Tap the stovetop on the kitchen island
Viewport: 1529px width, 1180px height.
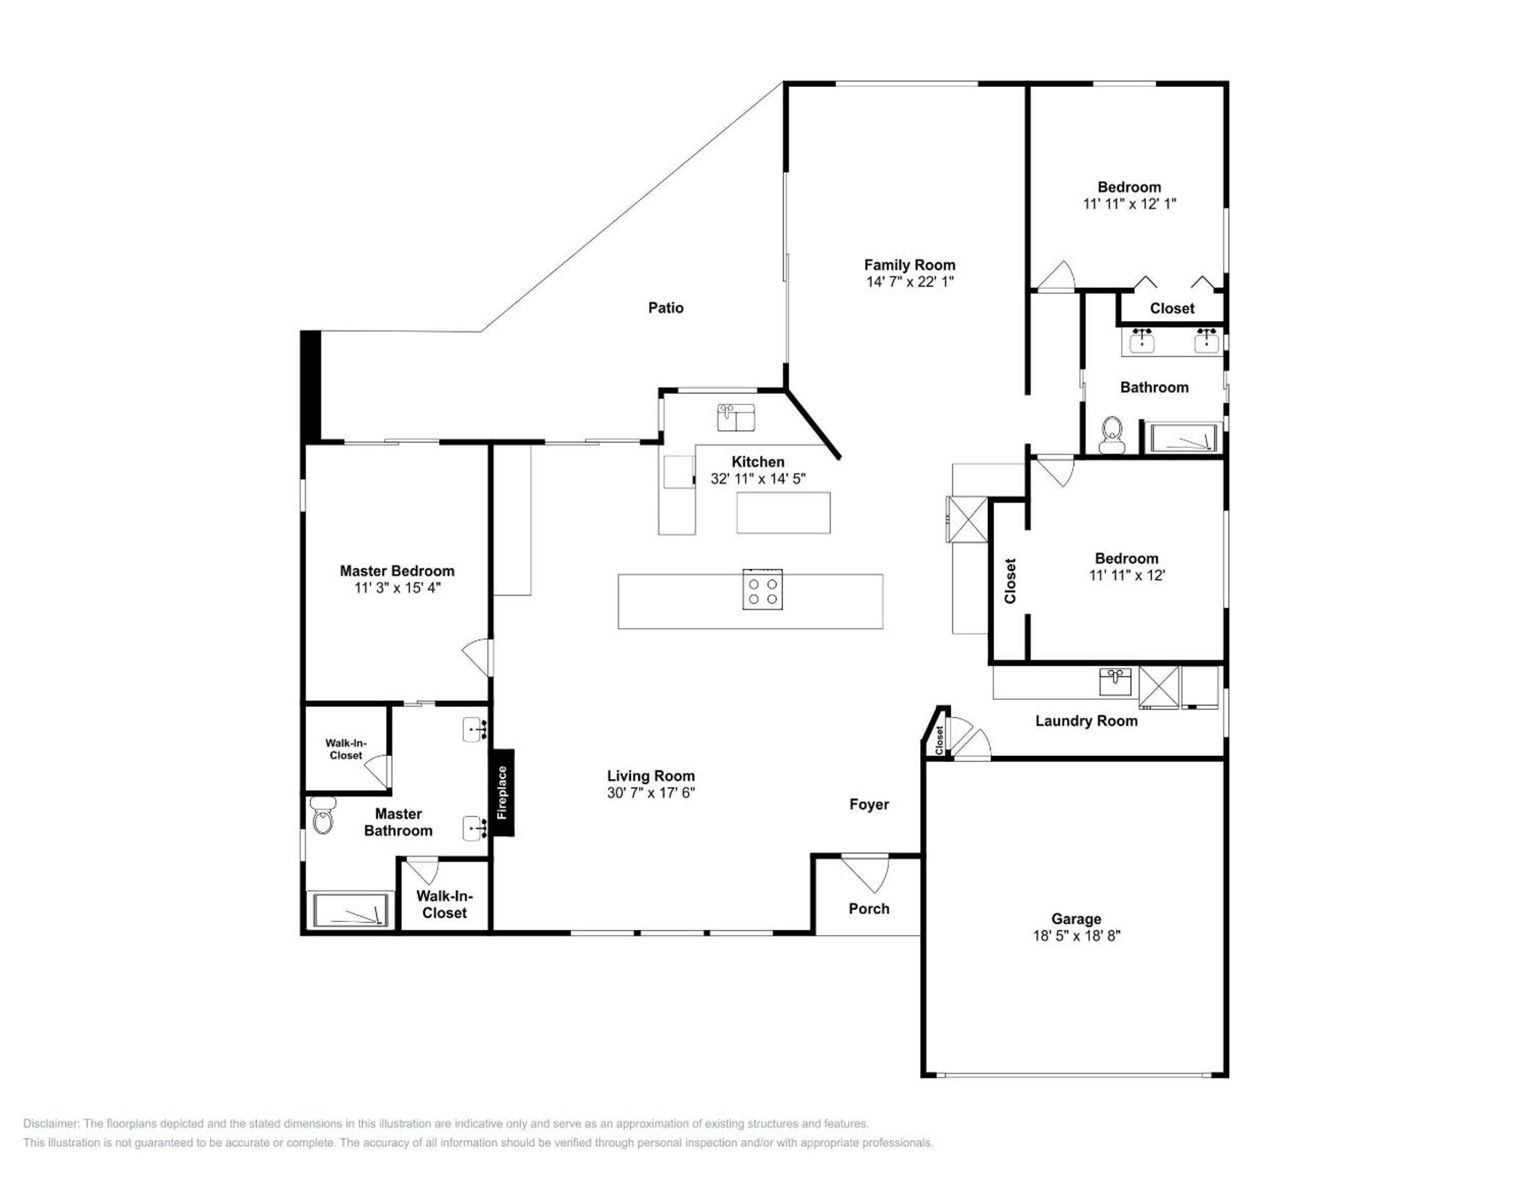(762, 589)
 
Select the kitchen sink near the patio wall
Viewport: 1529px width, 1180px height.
(735, 417)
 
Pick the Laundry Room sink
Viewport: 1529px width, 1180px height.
(1115, 681)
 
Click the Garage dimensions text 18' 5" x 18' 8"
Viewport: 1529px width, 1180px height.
(1076, 936)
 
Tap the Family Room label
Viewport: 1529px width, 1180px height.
(909, 265)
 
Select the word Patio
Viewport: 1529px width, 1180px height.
(666, 308)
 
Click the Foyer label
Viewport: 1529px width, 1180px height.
(869, 805)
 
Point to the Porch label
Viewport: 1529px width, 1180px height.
(869, 908)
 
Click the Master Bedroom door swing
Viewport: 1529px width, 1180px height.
(477, 658)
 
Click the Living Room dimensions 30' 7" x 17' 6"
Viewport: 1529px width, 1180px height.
(650, 793)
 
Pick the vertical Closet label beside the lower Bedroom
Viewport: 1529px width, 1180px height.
(1010, 581)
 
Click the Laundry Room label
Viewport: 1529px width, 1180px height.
(1087, 721)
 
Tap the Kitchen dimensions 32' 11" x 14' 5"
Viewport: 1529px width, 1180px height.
(758, 479)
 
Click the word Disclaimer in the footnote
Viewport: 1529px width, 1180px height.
(52, 1124)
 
